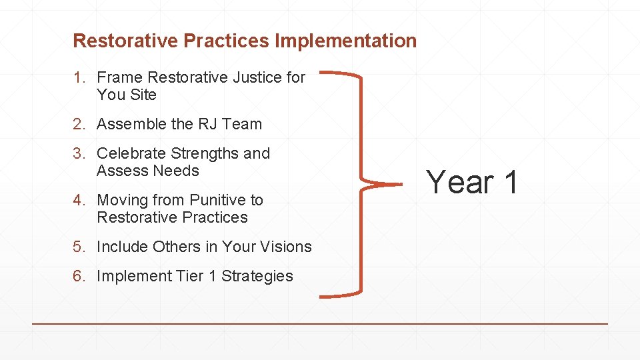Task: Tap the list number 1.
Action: coord(78,78)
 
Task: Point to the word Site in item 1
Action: coord(143,95)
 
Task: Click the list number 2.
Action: coord(79,125)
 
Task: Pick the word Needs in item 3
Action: coord(176,171)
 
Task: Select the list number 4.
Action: coord(79,201)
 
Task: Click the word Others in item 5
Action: coord(176,247)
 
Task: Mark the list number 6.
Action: coord(79,277)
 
